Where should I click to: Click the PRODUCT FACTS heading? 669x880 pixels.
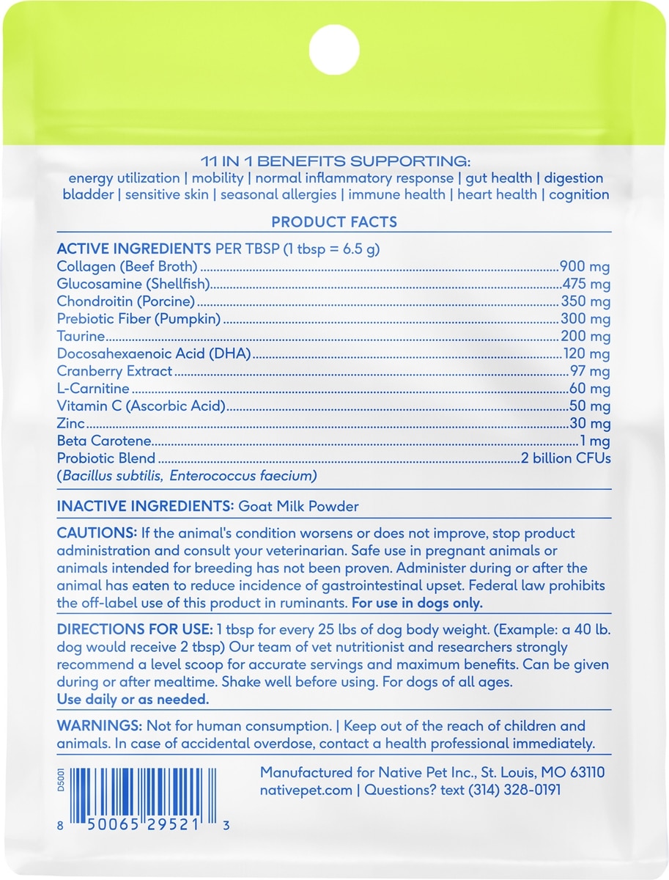(x=334, y=221)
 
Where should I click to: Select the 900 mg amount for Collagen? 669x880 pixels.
(x=585, y=266)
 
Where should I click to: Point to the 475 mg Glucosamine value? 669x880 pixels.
(x=586, y=284)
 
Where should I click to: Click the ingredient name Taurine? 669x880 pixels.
(x=81, y=337)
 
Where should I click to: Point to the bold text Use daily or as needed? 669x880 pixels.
(x=133, y=700)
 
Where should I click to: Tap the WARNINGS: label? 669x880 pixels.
(x=99, y=726)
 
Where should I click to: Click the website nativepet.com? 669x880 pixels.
(x=306, y=791)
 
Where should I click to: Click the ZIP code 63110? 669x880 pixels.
(x=584, y=773)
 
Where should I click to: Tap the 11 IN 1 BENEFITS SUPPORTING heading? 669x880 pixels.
(x=334, y=161)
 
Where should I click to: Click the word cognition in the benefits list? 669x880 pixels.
(x=579, y=194)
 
